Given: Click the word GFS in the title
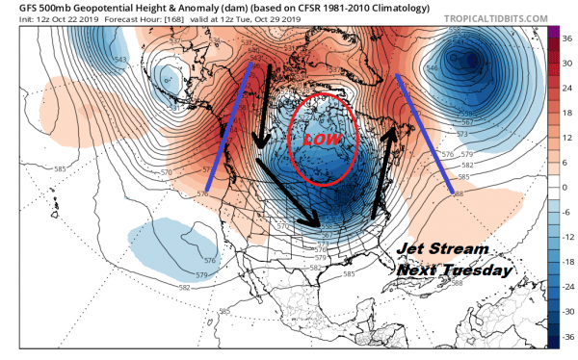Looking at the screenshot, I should (16, 8).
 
